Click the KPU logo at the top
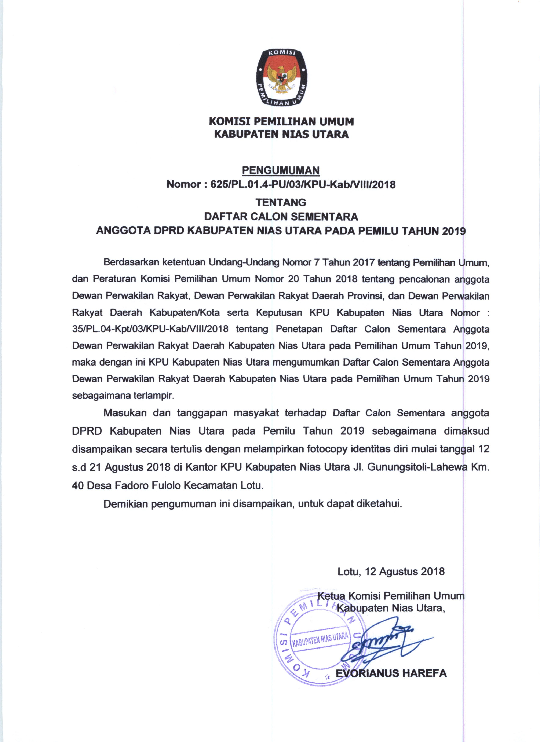pos(281,78)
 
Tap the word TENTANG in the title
pos(281,202)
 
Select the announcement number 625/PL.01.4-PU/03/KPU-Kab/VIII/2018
pos(303,184)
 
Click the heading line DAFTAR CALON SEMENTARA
pos(281,217)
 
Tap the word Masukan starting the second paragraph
pos(125,413)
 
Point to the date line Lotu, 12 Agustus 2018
pos(391,571)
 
